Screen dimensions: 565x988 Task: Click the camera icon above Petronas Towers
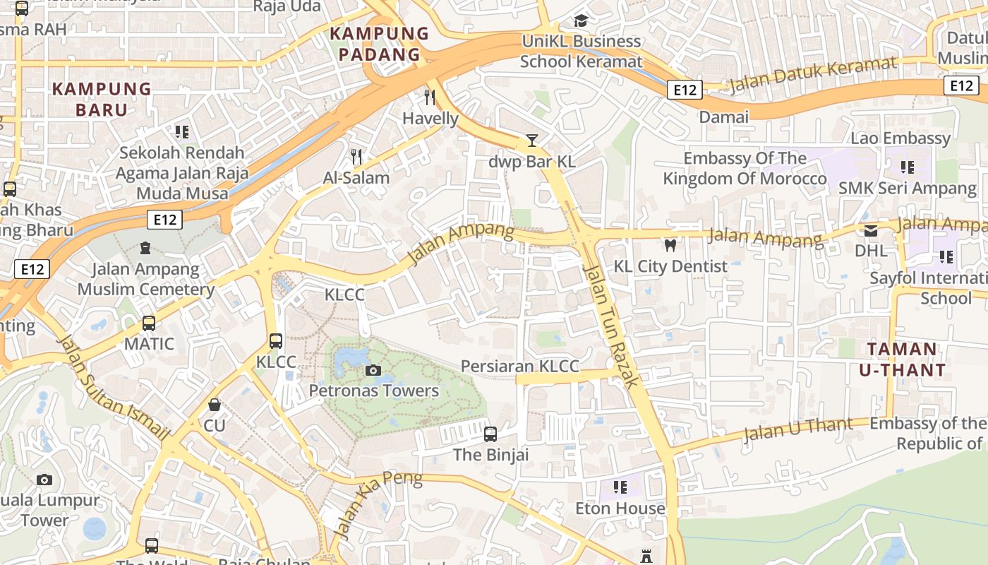coord(373,370)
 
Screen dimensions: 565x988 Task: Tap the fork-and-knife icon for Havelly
coord(430,97)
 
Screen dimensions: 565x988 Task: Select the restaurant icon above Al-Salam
coord(356,156)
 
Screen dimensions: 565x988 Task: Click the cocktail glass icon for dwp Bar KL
coord(532,141)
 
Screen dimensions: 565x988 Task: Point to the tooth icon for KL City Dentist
coord(670,245)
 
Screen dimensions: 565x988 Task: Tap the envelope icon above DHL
coord(871,230)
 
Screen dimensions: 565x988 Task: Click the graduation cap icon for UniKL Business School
coord(581,20)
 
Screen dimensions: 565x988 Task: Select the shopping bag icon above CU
coord(215,405)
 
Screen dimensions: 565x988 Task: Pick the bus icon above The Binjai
coord(490,434)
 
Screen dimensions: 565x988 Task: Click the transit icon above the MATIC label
coord(149,323)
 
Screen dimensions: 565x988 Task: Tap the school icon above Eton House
coord(620,487)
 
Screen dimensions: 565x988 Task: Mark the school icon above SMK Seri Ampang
coord(908,167)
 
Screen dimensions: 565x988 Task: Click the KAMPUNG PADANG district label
coord(379,44)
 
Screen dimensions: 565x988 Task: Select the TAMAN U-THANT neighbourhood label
coord(902,359)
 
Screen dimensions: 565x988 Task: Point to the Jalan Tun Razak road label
coord(611,326)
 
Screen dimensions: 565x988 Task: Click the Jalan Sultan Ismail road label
coord(113,386)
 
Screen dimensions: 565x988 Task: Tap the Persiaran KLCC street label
coord(519,366)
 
